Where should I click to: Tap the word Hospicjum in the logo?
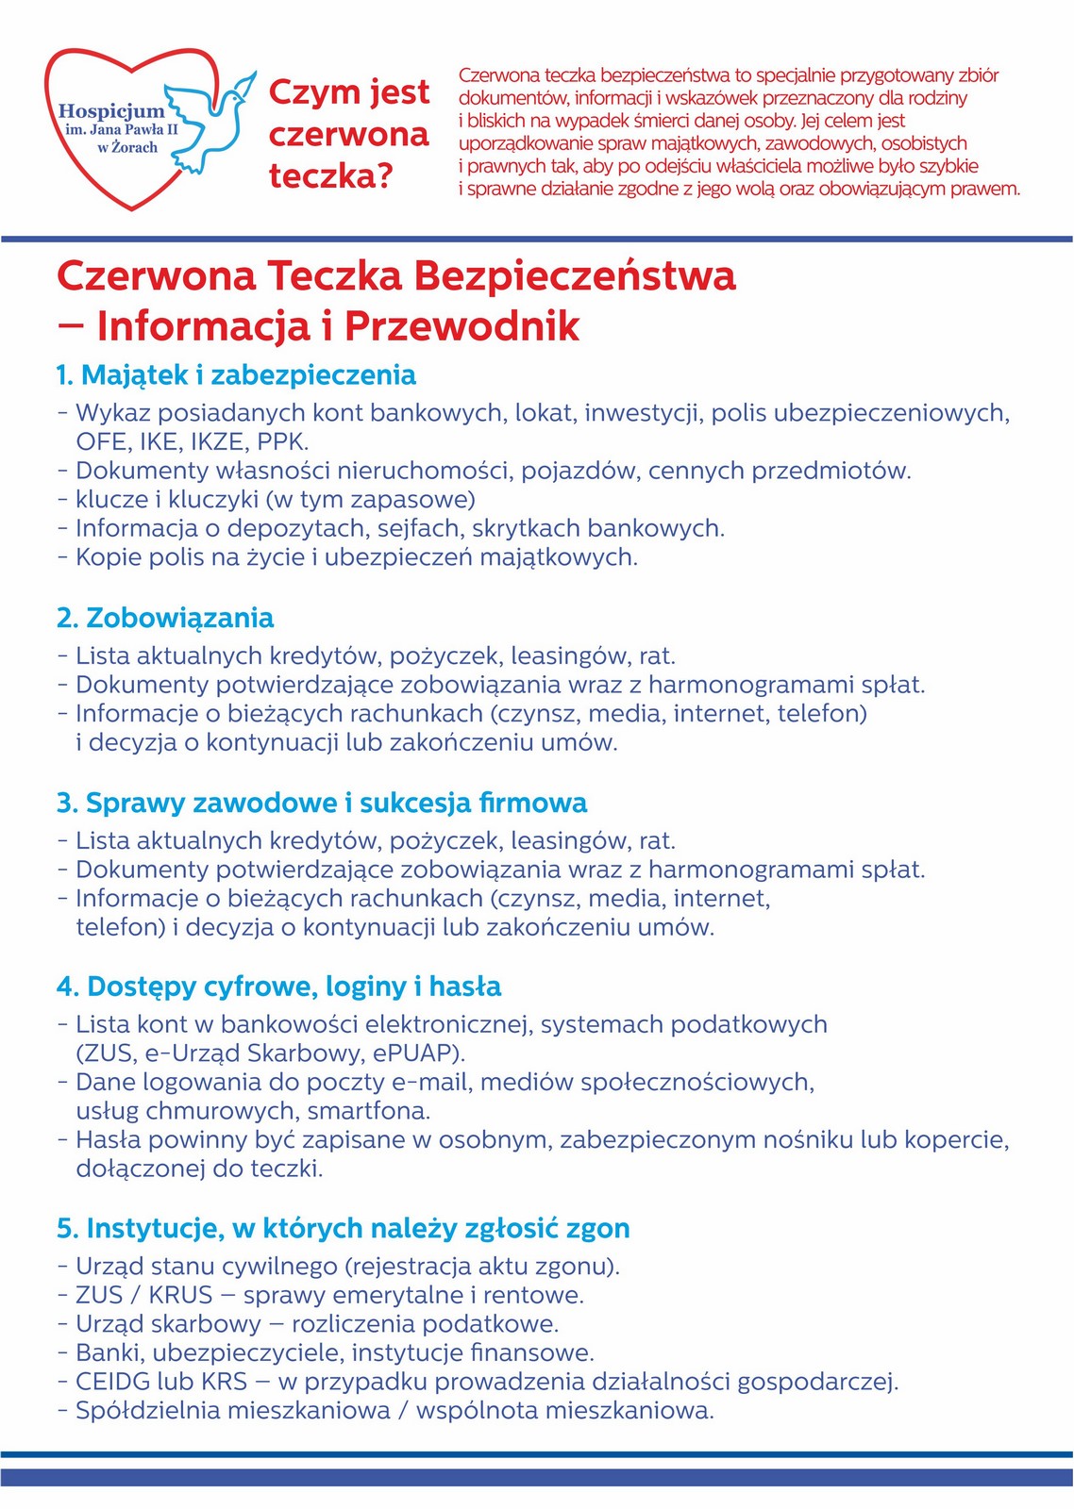(110, 110)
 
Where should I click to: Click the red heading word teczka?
(329, 176)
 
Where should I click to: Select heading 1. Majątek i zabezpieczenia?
(236, 375)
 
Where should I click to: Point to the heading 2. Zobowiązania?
(165, 619)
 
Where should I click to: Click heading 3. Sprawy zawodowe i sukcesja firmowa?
(322, 804)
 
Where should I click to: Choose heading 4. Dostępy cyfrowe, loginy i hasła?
(279, 987)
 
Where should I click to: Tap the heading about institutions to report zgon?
(344, 1229)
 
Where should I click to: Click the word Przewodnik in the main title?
(461, 326)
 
